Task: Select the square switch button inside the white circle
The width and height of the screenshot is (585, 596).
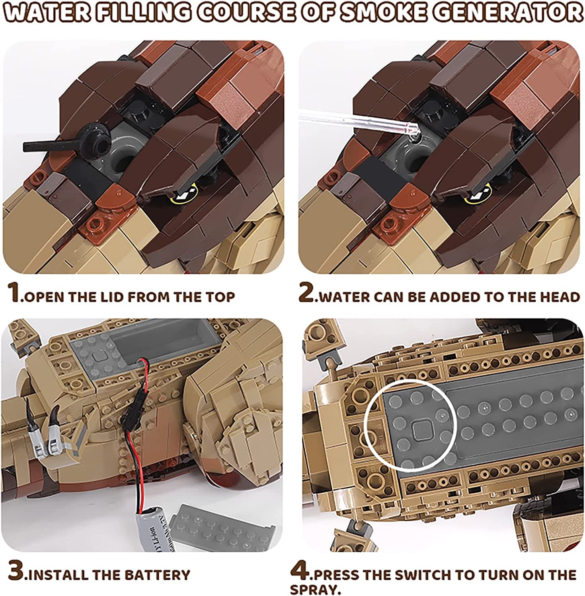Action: pos(421,430)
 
